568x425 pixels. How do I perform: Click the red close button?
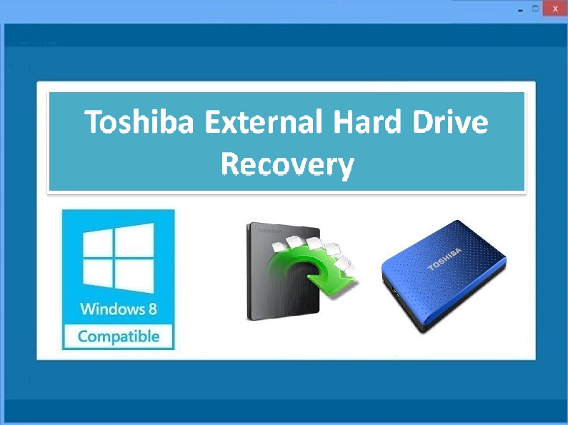pos(555,9)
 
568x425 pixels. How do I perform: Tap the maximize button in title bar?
pos(535,9)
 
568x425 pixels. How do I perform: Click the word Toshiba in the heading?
pos(139,121)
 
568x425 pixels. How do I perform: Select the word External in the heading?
pos(264,121)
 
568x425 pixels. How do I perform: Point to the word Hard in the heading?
pos(367,121)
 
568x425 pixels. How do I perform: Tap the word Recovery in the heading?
pos(287,165)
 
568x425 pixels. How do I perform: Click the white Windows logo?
pos(119,258)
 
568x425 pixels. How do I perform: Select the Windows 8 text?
pos(119,309)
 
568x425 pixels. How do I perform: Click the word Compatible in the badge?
pos(119,336)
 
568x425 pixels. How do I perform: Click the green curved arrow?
pos(312,270)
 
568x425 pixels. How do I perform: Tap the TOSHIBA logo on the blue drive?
pos(444,259)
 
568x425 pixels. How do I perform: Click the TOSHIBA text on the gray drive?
pos(269,231)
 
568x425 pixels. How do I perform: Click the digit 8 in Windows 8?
pos(152,309)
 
